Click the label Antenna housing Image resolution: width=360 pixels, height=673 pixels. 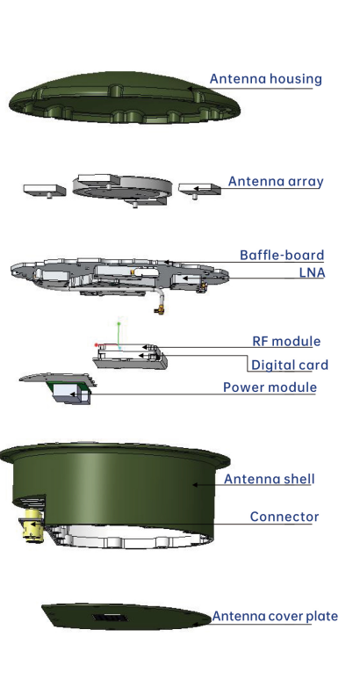[x=265, y=79]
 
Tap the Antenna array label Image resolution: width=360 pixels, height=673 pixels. [x=276, y=181]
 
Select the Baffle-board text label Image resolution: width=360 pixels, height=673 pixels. [x=282, y=255]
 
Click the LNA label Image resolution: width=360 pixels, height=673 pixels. [x=312, y=272]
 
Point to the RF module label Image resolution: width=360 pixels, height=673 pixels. [x=286, y=341]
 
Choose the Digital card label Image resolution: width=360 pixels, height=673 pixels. [x=290, y=365]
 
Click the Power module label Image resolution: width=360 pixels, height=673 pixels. [x=270, y=387]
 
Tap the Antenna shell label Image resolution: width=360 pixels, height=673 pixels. [x=269, y=479]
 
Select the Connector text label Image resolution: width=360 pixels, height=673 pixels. [x=284, y=517]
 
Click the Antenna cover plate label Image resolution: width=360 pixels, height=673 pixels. [x=275, y=616]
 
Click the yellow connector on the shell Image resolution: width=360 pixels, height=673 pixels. [x=32, y=525]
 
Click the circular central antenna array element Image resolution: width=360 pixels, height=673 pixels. [x=122, y=188]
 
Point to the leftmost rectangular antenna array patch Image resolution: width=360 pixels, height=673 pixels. [x=45, y=190]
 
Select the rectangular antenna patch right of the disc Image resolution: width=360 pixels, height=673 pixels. [x=199, y=189]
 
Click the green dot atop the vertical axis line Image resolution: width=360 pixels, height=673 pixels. [x=119, y=323]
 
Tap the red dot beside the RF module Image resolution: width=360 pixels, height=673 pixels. [x=96, y=344]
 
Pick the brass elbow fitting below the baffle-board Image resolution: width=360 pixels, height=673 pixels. [x=160, y=308]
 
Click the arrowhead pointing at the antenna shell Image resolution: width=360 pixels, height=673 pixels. [x=195, y=485]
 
